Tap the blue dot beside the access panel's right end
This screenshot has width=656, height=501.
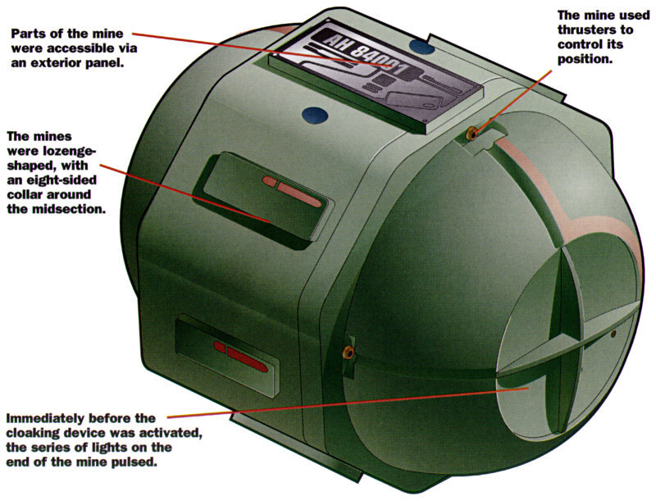pyautogui.click(x=421, y=46)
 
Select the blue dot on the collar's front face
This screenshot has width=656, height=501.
pyautogui.click(x=314, y=115)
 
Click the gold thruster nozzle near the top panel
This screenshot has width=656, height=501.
pyautogui.click(x=471, y=134)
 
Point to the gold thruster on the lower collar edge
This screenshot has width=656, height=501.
pyautogui.click(x=348, y=353)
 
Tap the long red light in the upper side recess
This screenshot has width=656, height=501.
pyautogui.click(x=299, y=195)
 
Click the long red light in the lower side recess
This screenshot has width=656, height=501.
pyautogui.click(x=248, y=361)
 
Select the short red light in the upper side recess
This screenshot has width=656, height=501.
pyautogui.click(x=270, y=181)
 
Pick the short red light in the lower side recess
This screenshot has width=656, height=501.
pyautogui.click(x=220, y=347)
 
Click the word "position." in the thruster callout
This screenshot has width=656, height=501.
pyautogui.click(x=585, y=59)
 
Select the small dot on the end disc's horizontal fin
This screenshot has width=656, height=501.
pyautogui.click(x=613, y=334)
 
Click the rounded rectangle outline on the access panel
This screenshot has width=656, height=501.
pyautogui.click(x=414, y=102)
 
